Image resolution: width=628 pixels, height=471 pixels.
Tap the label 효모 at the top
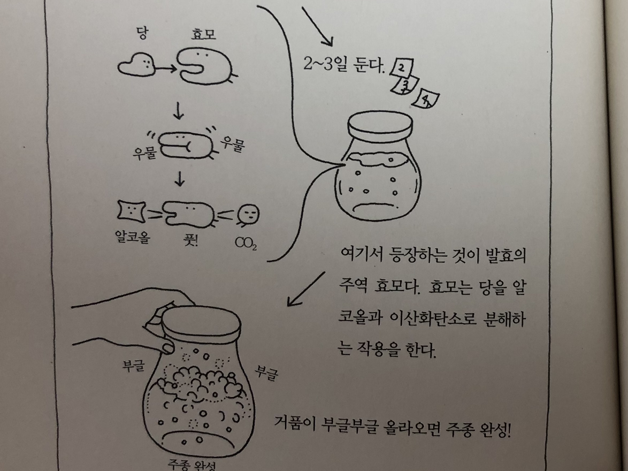point(204,34)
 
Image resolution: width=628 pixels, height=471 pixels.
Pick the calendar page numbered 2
point(401,67)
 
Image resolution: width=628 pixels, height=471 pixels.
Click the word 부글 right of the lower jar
point(266,373)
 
